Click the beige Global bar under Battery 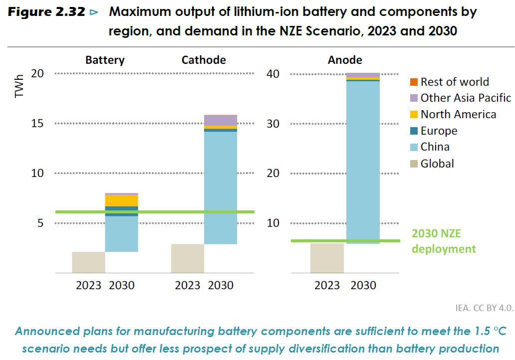coord(88,262)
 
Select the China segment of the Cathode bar coord(221,187)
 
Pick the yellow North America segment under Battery coord(121,200)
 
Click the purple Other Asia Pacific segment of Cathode coord(221,120)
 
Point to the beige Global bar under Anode coord(327,258)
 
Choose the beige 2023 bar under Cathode coord(188,258)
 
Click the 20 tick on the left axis coord(38,73)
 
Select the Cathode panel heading coord(204,60)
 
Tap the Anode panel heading coord(345,60)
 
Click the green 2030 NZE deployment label coord(444,241)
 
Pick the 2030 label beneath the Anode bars coord(363,286)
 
